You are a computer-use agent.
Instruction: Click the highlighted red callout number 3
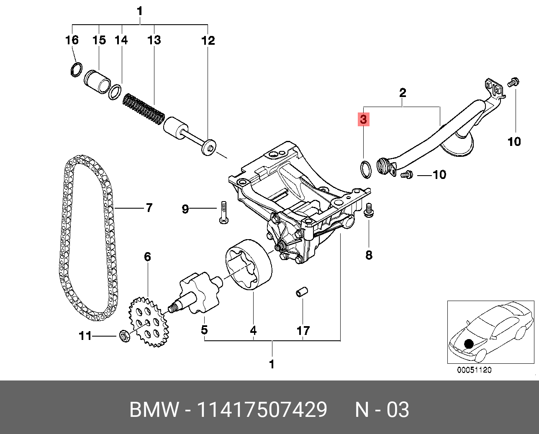point(363,120)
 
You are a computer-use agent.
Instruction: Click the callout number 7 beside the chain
point(149,208)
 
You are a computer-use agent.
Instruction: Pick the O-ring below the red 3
point(365,169)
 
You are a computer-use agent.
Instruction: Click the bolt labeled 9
point(223,212)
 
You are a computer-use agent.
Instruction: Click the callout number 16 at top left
point(72,40)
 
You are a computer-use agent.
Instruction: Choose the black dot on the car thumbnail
point(468,344)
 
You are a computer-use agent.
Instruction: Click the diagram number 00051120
point(474,370)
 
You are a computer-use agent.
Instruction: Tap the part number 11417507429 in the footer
point(262,410)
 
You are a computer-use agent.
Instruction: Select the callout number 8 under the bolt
point(369,255)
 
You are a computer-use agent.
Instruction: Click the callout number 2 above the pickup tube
point(402,93)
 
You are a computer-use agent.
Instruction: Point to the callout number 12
point(208,41)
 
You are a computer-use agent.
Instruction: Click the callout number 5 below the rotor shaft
point(204,330)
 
